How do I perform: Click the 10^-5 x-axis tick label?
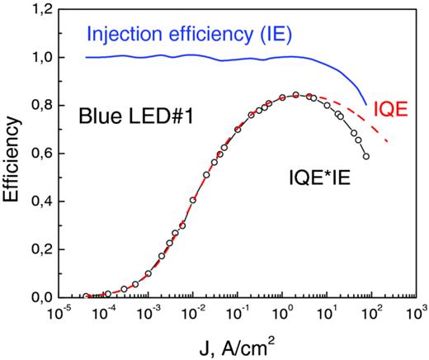pyautogui.click(x=61, y=315)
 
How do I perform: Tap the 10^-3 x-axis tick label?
pyautogui.click(x=149, y=315)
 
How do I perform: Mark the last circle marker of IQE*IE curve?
pyautogui.click(x=365, y=156)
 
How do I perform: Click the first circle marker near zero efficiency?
pyautogui.click(x=86, y=296)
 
